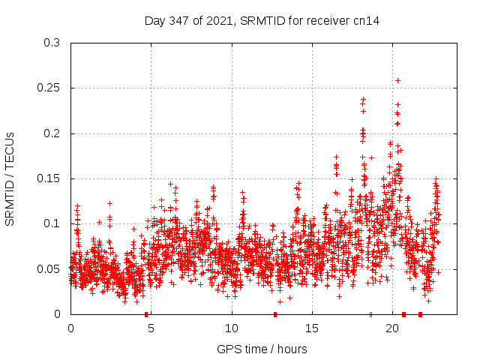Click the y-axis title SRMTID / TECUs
[x=10, y=178]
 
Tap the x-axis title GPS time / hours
[x=262, y=349]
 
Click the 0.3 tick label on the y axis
[x=52, y=43]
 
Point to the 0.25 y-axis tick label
[x=49, y=88]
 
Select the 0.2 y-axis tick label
[x=52, y=133]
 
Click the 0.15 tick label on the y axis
[x=49, y=178]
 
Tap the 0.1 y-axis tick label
[x=52, y=223]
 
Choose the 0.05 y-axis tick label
[x=49, y=268]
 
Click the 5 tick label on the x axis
[x=151, y=328]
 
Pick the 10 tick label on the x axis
[x=232, y=328]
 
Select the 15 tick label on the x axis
[x=312, y=328]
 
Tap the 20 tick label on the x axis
[x=392, y=328]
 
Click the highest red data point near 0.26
[x=397, y=80]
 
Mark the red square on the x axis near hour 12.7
[x=275, y=314]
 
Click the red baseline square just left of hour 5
[x=146, y=314]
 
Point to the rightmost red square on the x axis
[x=420, y=314]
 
